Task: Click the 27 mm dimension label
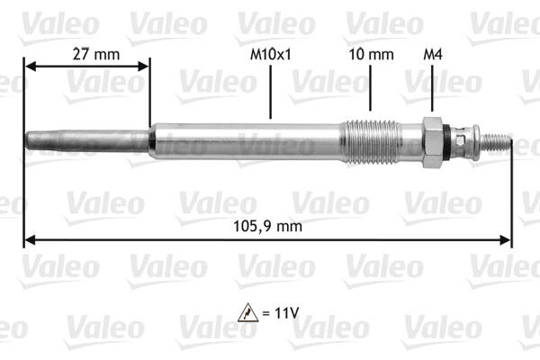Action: [x=95, y=55]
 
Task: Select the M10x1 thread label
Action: [x=271, y=55]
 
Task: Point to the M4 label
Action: [x=432, y=55]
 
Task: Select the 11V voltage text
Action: [x=285, y=315]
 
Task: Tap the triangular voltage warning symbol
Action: [x=249, y=315]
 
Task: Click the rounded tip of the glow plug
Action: [x=30, y=140]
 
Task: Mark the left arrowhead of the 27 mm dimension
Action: [x=29, y=66]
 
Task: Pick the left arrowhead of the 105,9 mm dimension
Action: [x=29, y=239]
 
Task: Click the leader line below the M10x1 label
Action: [x=271, y=90]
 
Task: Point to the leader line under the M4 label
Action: [x=432, y=90]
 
